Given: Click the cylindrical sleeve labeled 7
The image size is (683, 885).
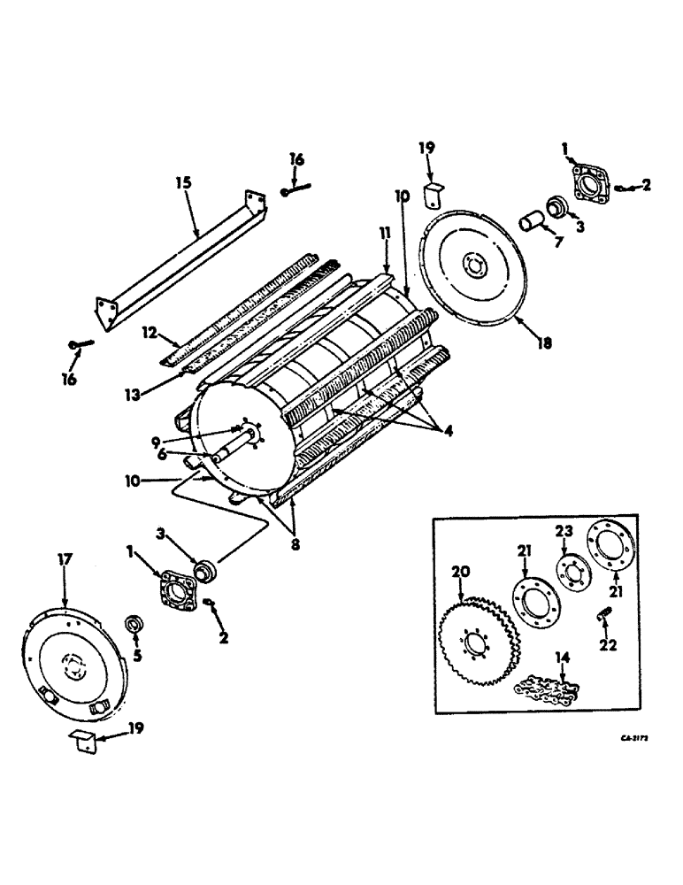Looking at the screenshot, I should coord(533,219).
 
